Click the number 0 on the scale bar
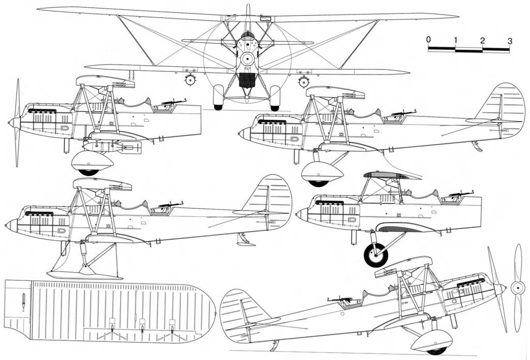[429, 39]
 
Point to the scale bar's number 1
[456, 40]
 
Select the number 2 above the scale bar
[482, 40]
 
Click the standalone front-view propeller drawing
[517, 288]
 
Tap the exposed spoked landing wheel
[376, 255]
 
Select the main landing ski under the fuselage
[85, 274]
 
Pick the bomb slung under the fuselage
[114, 147]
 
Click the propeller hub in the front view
[248, 59]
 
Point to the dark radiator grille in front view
[247, 80]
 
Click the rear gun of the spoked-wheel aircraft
[460, 195]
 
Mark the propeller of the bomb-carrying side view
[16, 123]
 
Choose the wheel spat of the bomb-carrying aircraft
[92, 162]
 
